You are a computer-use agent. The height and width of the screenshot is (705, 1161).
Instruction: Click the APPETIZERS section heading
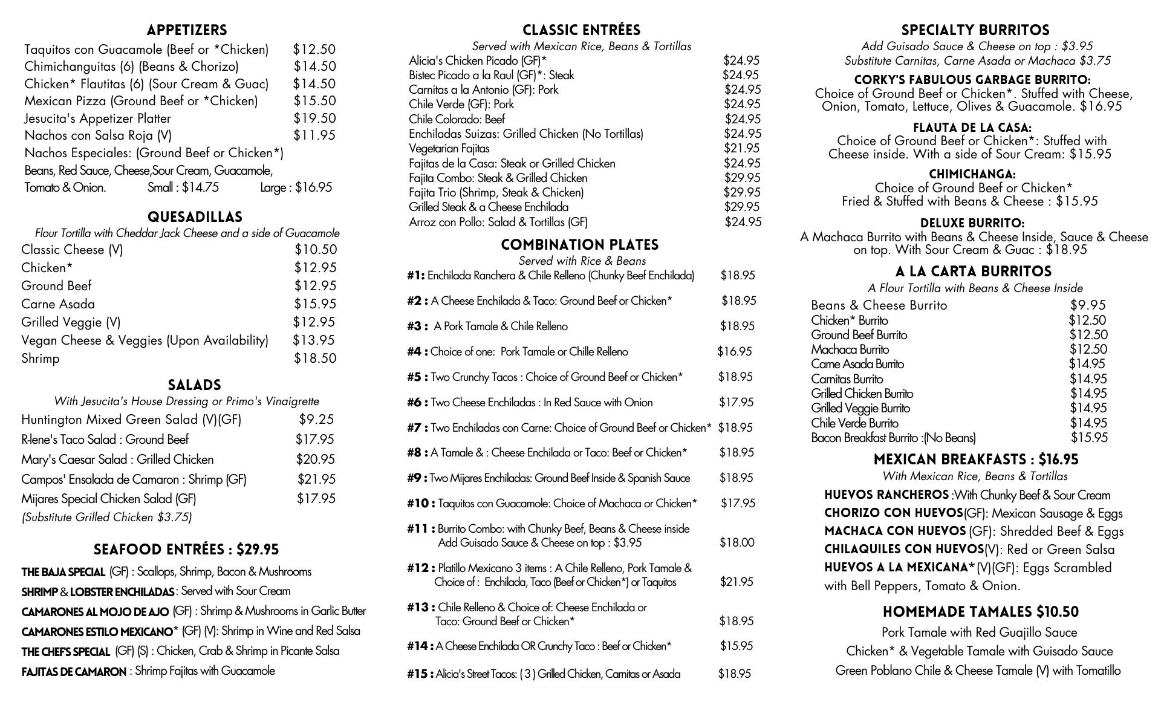point(186,30)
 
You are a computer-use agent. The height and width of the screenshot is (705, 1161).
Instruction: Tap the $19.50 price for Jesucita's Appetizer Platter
point(314,119)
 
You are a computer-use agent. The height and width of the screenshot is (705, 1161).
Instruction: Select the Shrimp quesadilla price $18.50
point(315,359)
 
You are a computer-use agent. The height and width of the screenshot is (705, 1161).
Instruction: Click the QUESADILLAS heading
point(195,217)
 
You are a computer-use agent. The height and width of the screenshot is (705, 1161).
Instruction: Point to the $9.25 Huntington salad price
point(316,420)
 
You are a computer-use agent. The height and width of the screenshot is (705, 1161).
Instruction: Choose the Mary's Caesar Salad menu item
point(117,460)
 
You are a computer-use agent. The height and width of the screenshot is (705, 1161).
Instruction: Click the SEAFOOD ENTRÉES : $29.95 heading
point(186,550)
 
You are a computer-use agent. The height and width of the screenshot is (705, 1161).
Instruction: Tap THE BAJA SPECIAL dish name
point(63,572)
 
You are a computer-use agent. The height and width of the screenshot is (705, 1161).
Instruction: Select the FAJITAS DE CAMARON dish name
point(74,672)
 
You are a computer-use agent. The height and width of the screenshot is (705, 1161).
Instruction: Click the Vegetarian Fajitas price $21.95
point(742,148)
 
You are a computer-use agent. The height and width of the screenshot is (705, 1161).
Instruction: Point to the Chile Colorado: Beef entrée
point(457,119)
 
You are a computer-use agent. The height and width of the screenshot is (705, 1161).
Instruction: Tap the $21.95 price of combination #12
point(737,582)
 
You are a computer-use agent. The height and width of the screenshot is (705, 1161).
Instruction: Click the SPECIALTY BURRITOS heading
point(975,30)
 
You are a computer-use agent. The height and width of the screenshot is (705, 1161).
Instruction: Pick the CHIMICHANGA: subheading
point(972,175)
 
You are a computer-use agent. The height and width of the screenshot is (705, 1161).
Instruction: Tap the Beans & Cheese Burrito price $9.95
point(1087,305)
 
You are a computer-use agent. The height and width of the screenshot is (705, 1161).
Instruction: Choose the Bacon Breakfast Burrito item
point(893,438)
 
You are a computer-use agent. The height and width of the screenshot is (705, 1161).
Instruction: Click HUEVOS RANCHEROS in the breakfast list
point(886,495)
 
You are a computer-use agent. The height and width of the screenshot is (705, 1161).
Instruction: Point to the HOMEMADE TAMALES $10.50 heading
point(980,612)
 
